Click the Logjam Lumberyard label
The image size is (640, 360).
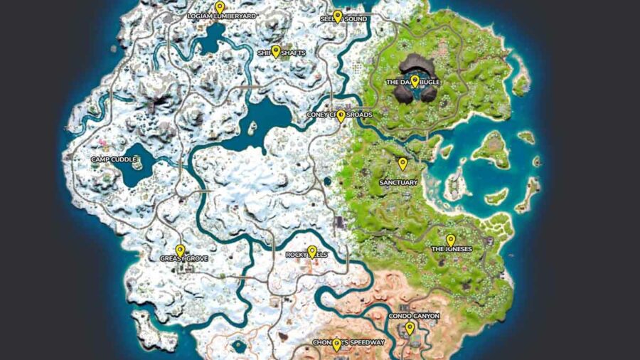221,15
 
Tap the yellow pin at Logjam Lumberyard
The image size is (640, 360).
220,7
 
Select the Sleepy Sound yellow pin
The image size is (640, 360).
338,16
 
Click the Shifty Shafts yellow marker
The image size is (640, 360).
276,51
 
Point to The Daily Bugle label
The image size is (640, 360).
413,83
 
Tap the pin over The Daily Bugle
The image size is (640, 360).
415,80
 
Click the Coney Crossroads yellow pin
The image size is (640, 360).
341,115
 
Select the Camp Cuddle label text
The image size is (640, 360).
114,159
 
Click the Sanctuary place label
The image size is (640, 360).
398,182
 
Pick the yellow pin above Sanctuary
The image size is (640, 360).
402,164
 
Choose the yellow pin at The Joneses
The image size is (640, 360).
450,240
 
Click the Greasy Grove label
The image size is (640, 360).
183,258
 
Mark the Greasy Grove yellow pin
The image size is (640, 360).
180,250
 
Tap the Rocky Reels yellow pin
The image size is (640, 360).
312,251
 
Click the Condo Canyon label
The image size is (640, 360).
414,316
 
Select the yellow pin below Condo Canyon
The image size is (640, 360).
410,328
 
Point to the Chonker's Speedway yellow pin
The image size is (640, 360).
337,345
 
